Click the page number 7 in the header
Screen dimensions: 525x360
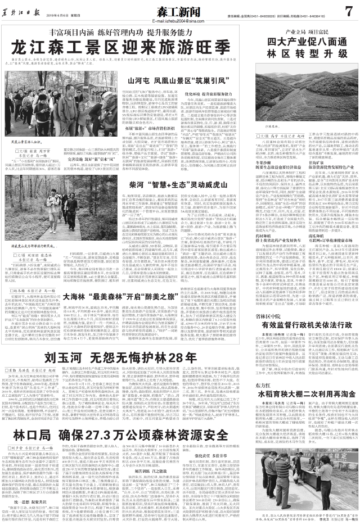pos(348,10)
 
